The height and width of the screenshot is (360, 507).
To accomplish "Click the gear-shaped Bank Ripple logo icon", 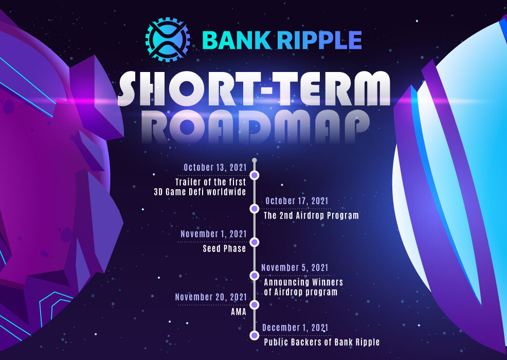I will coord(168,40).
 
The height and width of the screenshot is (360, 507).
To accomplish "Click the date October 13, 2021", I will coord(215,168).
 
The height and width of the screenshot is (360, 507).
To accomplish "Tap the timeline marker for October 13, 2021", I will coord(254,175).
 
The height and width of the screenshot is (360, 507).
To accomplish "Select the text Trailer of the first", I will coord(210,182).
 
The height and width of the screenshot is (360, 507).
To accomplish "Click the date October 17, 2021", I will coord(296,201).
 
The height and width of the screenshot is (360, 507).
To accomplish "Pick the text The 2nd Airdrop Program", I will coord(311,215).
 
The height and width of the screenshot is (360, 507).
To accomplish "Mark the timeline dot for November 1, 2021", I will coord(254,242).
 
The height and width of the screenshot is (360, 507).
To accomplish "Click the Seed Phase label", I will coord(224,249).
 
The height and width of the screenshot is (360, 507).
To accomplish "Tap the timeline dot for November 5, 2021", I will coord(254,276).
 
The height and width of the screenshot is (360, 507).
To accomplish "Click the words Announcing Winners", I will coord(303,282).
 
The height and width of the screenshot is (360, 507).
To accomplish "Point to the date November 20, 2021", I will coord(211,297).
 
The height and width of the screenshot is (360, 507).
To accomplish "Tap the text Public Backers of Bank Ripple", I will coord(321,343).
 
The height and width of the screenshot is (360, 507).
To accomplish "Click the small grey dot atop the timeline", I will coord(254,160).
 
